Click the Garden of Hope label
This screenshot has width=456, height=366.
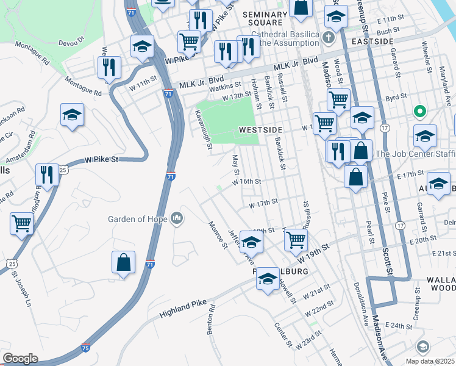[x=138, y=218]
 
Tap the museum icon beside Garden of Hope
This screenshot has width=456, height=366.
[x=177, y=218]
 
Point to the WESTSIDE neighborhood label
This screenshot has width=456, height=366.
[x=261, y=130]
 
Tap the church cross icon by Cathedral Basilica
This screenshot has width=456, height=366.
[x=329, y=37]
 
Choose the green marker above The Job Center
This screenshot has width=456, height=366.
[x=419, y=112]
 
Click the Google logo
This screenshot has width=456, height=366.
[x=20, y=359]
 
